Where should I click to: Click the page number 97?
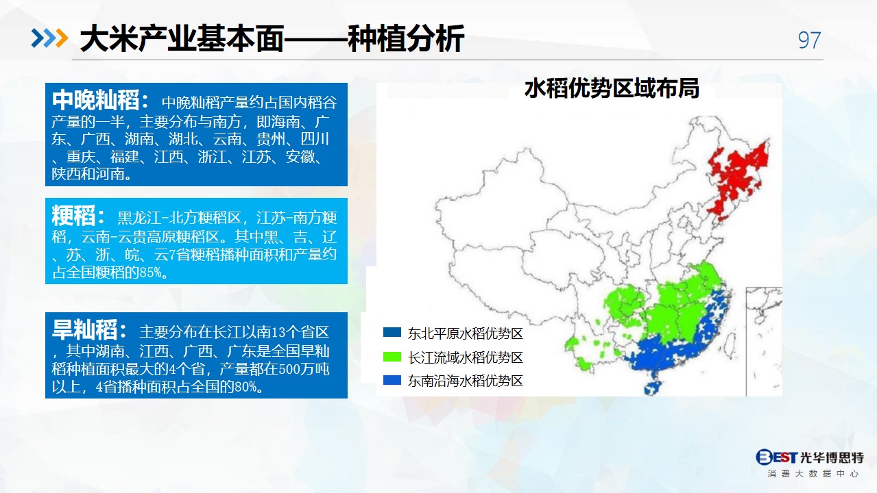(809, 40)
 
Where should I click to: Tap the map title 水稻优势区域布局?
(612, 88)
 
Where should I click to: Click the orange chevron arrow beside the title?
(62, 38)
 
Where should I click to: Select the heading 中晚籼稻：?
(100, 100)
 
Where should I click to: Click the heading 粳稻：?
(78, 216)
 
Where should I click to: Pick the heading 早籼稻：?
(89, 329)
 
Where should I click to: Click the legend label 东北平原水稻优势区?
(465, 333)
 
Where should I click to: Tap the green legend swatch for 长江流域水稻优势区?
(392, 357)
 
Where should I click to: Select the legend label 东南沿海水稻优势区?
(465, 381)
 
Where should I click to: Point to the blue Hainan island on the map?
(653, 388)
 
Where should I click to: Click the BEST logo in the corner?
(776, 457)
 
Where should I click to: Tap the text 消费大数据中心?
(813, 474)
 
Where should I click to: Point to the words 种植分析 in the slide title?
(406, 38)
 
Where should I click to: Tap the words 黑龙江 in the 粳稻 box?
(140, 218)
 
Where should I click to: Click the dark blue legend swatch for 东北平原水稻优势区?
(392, 332)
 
